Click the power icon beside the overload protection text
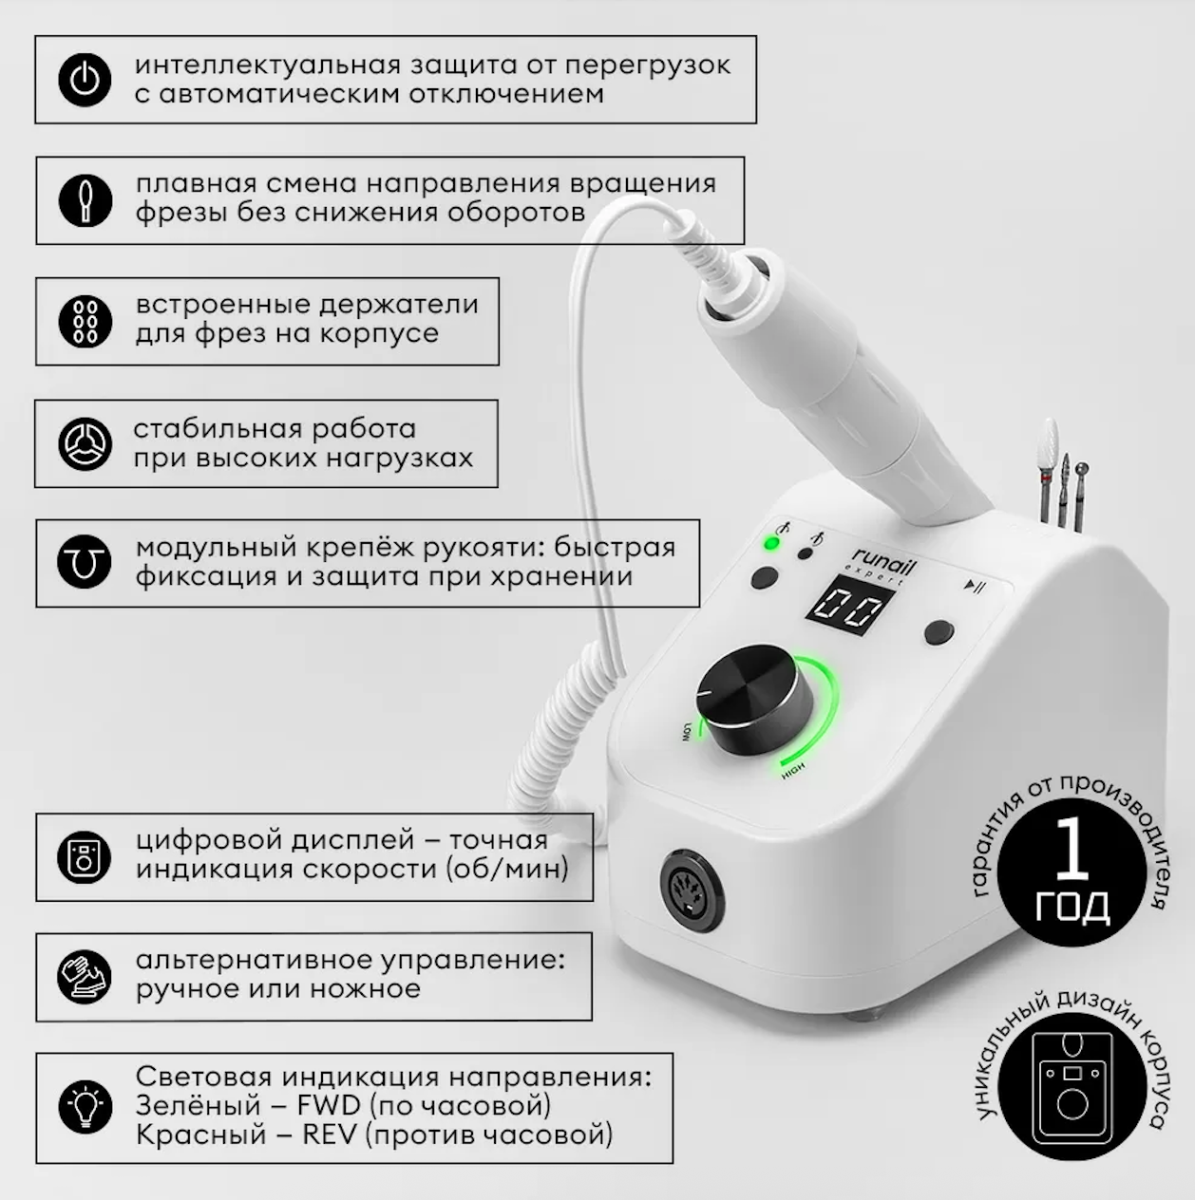tap(85, 80)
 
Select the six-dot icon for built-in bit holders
tap(85, 321)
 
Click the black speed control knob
tap(754, 699)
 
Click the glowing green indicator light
tap(771, 544)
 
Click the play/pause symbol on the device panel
tap(975, 586)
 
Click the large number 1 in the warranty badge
tap(1072, 850)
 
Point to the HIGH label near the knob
tap(793, 771)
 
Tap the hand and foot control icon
tap(85, 977)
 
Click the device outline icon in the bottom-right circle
tap(1072, 1089)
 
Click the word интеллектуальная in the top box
tap(268, 65)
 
